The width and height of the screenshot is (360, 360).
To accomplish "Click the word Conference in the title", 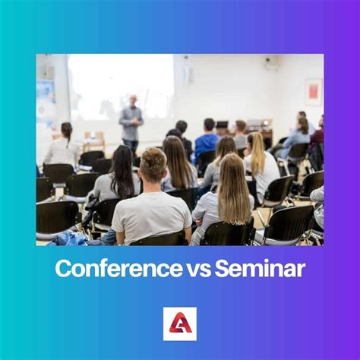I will [112, 268].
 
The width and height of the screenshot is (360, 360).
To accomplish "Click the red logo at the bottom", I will [180, 323].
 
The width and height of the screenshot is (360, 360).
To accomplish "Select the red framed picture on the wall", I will [314, 91].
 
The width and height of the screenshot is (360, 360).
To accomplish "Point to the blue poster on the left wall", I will [45, 99].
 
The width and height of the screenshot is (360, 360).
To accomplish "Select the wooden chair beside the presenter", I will [95, 140].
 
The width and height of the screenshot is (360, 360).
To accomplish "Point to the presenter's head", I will [131, 100].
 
